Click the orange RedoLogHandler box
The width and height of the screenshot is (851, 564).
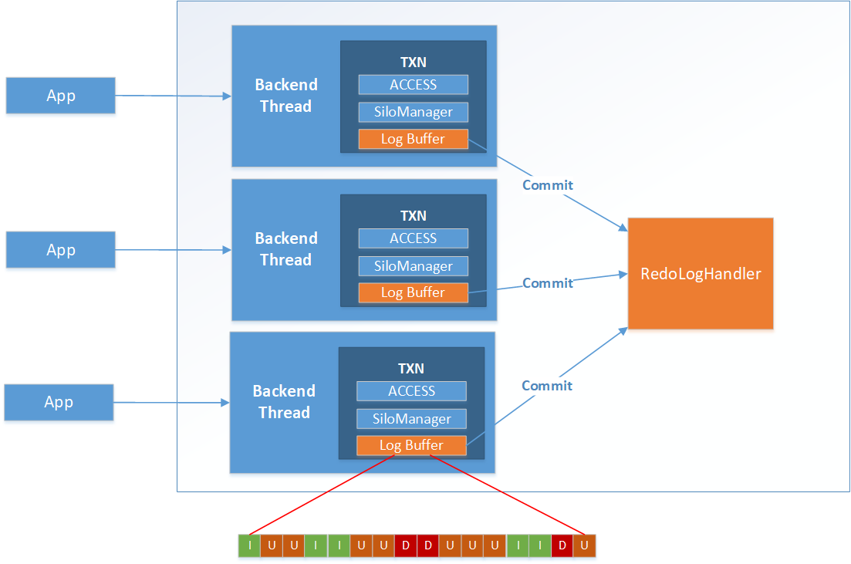tap(701, 274)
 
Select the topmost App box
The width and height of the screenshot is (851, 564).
tap(61, 96)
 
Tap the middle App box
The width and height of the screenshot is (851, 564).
tap(61, 250)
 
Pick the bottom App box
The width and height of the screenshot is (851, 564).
tap(59, 402)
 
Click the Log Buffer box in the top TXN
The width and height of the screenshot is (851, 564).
tap(413, 139)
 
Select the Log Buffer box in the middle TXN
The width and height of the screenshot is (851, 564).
tap(413, 292)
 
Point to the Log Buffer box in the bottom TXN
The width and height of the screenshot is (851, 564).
tap(411, 445)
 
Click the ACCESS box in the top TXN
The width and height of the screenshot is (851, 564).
tap(413, 85)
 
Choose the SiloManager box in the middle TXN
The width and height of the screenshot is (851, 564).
tap(413, 266)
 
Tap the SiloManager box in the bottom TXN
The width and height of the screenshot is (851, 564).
tap(411, 419)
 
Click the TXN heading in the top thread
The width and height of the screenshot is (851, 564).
tap(413, 62)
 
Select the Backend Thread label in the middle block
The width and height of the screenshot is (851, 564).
tap(285, 249)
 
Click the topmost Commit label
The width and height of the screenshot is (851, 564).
tap(548, 185)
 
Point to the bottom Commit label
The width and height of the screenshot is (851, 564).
tap(547, 386)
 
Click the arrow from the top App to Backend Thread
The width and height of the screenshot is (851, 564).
tap(174, 96)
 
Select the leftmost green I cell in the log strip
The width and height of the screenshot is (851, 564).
tap(249, 545)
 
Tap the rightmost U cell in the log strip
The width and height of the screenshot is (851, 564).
tap(585, 545)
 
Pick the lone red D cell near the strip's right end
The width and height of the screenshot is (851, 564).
tap(562, 545)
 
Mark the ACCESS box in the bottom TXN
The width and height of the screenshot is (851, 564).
tap(411, 391)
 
